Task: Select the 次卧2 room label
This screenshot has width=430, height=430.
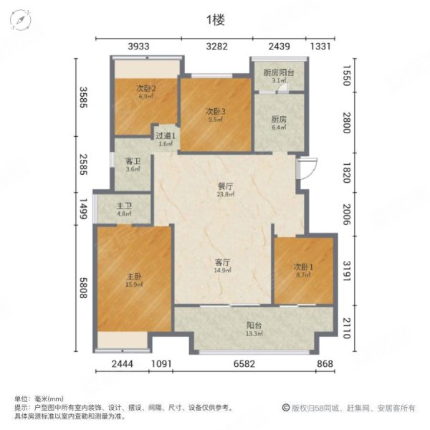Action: coord(146,89)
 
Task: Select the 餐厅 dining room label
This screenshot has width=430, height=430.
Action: coord(227,186)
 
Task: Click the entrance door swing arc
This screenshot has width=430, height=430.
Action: coord(309,169)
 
